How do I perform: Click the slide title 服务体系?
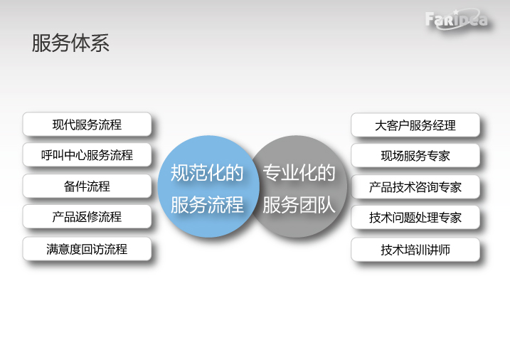(70, 43)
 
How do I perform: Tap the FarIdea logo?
(457, 19)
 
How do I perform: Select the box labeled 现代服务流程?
(87, 125)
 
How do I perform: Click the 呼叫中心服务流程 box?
(87, 155)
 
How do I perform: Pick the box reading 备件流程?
(87, 186)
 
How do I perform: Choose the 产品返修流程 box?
(87, 216)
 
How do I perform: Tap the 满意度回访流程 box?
(87, 249)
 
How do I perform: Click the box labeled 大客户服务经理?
(415, 125)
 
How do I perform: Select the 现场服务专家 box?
(415, 155)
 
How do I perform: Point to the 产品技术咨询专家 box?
(415, 186)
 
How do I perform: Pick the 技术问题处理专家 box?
(415, 217)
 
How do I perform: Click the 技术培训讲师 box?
(415, 250)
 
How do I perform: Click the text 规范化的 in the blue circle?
(207, 173)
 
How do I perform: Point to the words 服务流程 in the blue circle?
(207, 205)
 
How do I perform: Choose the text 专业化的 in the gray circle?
(299, 173)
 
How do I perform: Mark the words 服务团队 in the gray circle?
(299, 205)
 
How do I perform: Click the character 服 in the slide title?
(41, 43)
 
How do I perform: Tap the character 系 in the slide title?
(100, 43)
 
